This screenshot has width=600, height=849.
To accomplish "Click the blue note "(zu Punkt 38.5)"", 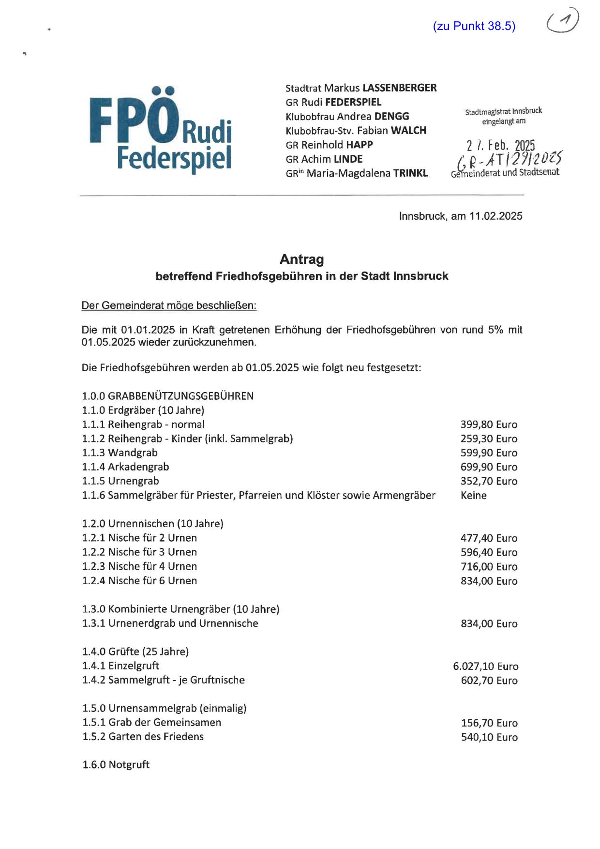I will tap(474, 26).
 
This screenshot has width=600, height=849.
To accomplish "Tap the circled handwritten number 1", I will tap(562, 21).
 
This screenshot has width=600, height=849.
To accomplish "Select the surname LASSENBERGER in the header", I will tap(399, 88).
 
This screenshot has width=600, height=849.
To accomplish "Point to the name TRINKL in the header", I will tap(410, 173).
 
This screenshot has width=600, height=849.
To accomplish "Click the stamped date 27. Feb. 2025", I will tap(501, 145).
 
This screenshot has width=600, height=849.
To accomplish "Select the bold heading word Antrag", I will tap(301, 259).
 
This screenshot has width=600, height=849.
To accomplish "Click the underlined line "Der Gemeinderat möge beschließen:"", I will tap(169, 305).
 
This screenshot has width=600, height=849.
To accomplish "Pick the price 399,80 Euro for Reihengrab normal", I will tap(489, 424).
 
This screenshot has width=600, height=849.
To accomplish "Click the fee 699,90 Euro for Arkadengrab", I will tap(489, 467).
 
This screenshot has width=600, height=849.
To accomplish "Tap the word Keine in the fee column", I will tap(474, 495).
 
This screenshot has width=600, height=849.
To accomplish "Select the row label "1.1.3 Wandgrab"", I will tap(120, 453).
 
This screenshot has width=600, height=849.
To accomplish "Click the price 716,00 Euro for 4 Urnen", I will tap(489, 566).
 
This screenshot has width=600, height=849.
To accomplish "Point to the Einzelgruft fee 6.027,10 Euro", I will tap(485, 666).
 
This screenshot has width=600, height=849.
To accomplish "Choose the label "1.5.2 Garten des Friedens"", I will tap(143, 737).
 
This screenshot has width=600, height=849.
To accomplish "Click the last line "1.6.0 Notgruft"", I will tap(116, 765).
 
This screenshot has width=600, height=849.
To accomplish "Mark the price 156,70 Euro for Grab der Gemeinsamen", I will tap(489, 723).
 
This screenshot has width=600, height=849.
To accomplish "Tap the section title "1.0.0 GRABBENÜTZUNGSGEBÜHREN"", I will tap(167, 396).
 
